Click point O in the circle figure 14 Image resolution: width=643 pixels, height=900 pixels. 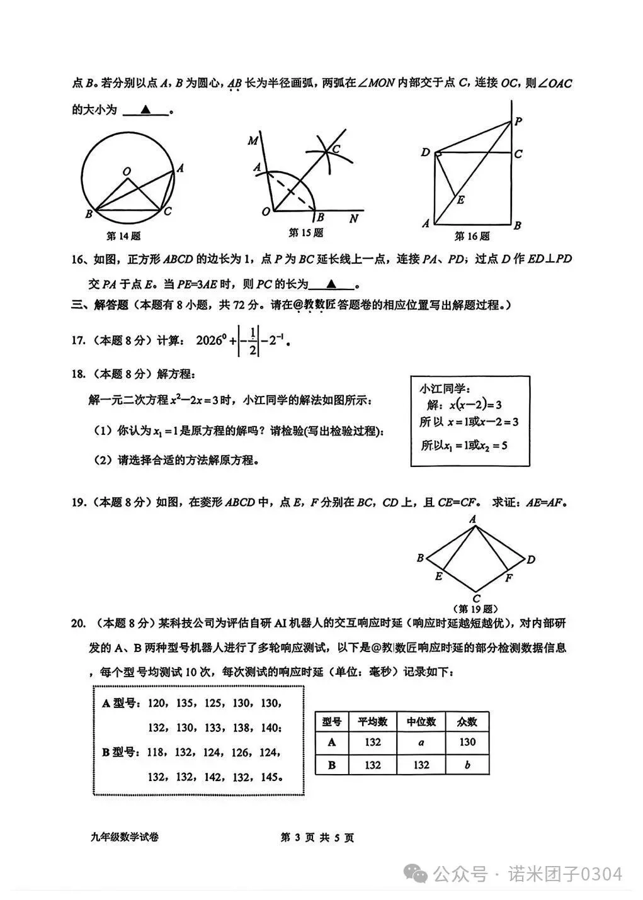(x=127, y=171)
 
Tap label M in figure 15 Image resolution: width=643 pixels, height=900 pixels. (x=253, y=140)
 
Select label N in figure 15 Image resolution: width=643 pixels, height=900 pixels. (x=353, y=218)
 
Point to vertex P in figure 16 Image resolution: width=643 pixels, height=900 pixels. (x=518, y=121)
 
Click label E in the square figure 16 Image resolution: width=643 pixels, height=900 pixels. (x=461, y=200)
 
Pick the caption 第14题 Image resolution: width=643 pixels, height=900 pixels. (x=123, y=236)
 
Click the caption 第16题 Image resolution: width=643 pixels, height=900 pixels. (x=472, y=236)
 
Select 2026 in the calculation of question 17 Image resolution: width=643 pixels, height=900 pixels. (x=211, y=340)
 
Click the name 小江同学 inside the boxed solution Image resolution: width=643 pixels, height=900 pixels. (x=445, y=389)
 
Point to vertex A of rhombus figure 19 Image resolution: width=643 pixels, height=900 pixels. (x=472, y=519)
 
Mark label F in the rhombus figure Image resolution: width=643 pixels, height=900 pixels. (x=509, y=578)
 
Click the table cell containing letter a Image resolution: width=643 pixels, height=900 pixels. (x=421, y=743)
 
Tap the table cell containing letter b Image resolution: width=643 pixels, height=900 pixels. (x=467, y=765)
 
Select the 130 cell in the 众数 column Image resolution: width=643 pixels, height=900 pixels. (x=467, y=743)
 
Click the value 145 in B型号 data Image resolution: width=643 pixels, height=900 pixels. (x=270, y=777)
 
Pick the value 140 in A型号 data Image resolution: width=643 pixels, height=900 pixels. (x=270, y=728)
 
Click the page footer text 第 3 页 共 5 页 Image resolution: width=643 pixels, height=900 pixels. (x=317, y=838)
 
